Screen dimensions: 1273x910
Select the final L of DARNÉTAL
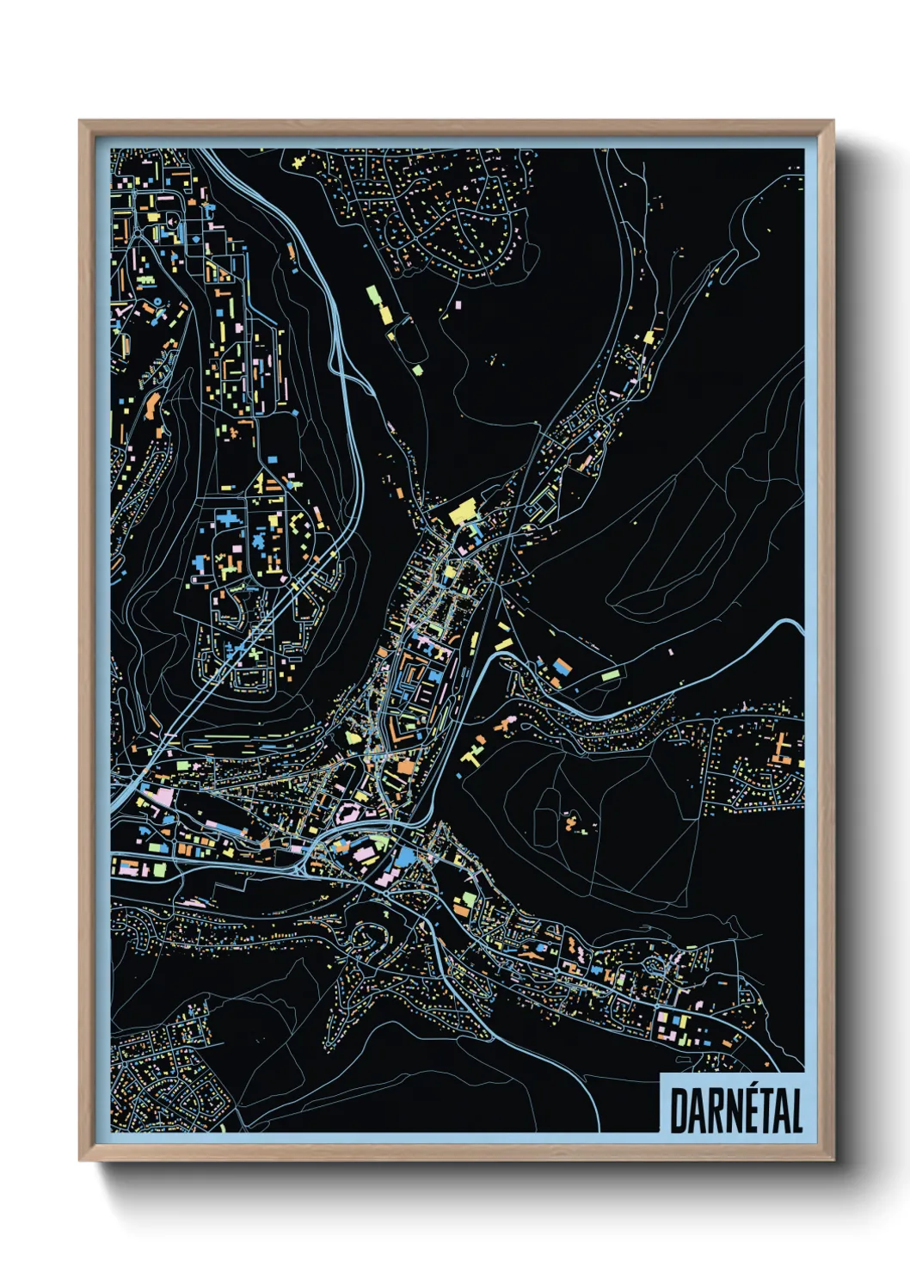click(796, 1110)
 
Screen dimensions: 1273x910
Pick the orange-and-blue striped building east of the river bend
click(562, 667)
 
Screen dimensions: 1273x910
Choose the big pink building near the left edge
click(163, 796)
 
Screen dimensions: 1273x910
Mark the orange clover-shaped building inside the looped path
click(571, 823)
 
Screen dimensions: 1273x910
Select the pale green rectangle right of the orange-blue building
click(610, 675)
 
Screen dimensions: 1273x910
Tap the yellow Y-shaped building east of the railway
click(473, 755)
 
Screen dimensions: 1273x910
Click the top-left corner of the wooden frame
click(80, 121)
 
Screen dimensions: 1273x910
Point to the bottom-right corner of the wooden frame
click(833, 1160)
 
